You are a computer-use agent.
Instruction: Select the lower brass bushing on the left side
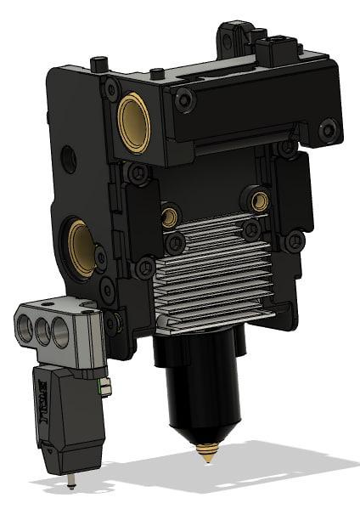coord(82,246)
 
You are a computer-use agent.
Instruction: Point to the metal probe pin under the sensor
coord(71,483)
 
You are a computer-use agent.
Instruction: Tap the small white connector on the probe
coord(106,389)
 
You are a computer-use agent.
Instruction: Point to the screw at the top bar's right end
coord(328,129)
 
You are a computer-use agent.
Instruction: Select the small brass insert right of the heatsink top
coord(259,201)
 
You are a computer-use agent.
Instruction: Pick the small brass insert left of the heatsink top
coord(171,217)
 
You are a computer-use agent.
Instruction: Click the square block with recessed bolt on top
coord(277,50)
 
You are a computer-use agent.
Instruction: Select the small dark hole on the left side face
coord(69,156)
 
